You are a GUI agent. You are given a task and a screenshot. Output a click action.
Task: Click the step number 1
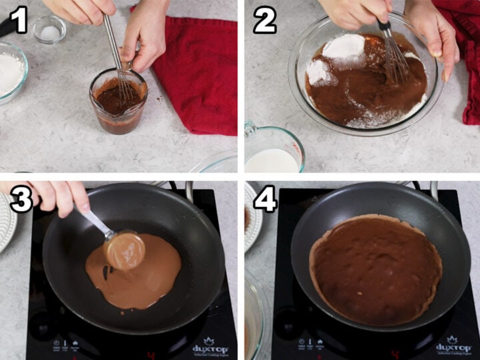pyautogui.click(x=19, y=21)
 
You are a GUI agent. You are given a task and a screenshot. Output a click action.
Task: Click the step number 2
pyautogui.click(x=264, y=21)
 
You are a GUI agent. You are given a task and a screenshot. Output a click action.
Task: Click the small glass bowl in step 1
pyautogui.click(x=49, y=30)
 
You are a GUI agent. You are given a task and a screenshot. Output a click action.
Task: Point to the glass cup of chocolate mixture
pyautogui.click(x=118, y=101)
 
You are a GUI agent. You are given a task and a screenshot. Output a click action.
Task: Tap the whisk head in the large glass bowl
pyautogui.click(x=395, y=63)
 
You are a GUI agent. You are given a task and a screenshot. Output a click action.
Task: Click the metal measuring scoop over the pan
pyautogui.click(x=124, y=249)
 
